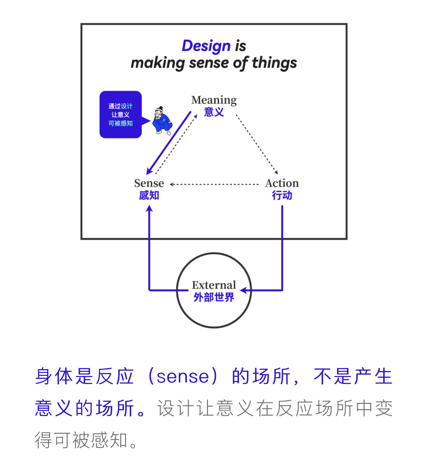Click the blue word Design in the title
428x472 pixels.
(x=206, y=46)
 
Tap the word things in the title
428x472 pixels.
(x=274, y=63)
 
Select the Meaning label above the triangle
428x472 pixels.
(x=214, y=100)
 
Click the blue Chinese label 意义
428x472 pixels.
(x=214, y=112)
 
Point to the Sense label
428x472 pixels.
(x=149, y=183)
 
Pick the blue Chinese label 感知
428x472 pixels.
(x=149, y=195)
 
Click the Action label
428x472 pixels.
(x=282, y=183)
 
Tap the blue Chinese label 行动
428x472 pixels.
(x=282, y=195)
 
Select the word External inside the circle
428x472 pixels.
(x=214, y=285)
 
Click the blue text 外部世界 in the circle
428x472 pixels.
(x=214, y=297)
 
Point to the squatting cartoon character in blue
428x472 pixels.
(x=162, y=120)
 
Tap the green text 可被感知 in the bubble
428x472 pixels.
(x=121, y=123)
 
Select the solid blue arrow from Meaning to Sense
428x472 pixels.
(x=169, y=143)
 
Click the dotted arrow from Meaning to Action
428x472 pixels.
(x=257, y=144)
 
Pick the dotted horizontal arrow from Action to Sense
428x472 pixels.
(x=214, y=184)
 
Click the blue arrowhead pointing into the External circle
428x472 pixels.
(x=243, y=290)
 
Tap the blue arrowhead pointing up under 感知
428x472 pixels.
(x=149, y=208)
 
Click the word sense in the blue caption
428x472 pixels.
(x=183, y=377)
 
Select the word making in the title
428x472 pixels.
(x=158, y=63)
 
